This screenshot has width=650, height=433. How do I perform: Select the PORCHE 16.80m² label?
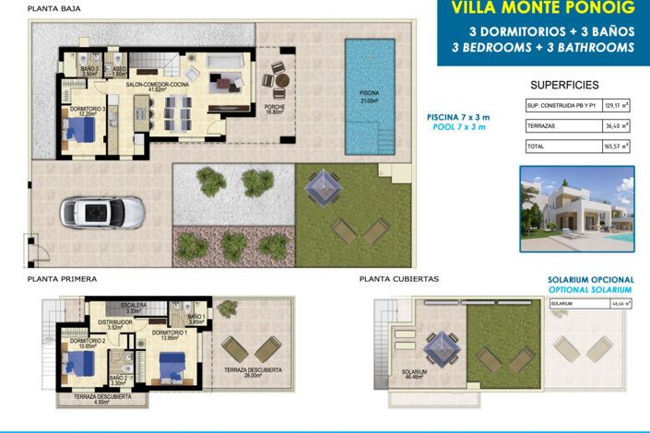[274, 109]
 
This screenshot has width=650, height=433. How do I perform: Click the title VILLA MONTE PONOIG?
[530, 9]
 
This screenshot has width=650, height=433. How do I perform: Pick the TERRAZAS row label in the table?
[541, 125]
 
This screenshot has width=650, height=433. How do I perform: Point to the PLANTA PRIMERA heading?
[63, 277]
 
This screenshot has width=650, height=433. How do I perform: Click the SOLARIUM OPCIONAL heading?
[591, 279]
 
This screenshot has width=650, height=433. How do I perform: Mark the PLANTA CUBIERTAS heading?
[399, 277]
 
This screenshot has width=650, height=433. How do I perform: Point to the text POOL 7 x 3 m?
[458, 127]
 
